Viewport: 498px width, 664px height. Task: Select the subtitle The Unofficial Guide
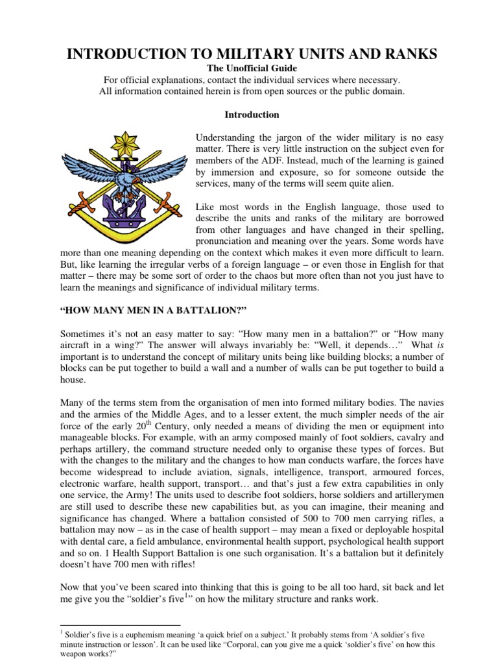[252, 68]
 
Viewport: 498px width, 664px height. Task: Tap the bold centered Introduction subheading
[252, 115]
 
